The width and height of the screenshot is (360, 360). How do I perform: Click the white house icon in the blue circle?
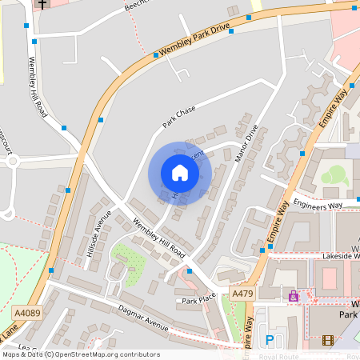click(180, 173)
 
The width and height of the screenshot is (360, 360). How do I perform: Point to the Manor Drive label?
click(247, 144)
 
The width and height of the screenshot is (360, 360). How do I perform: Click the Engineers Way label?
click(318, 205)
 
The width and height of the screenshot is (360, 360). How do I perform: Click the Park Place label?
click(199, 301)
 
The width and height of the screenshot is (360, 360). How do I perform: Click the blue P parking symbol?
click(270, 340)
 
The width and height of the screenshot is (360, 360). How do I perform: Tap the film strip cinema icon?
click(327, 340)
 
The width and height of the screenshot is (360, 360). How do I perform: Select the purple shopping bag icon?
click(293, 297)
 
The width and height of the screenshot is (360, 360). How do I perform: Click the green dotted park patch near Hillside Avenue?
click(128, 258)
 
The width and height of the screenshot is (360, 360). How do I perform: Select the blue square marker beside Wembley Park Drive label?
click(155, 55)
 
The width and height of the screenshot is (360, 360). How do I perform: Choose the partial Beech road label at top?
click(136, 6)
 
